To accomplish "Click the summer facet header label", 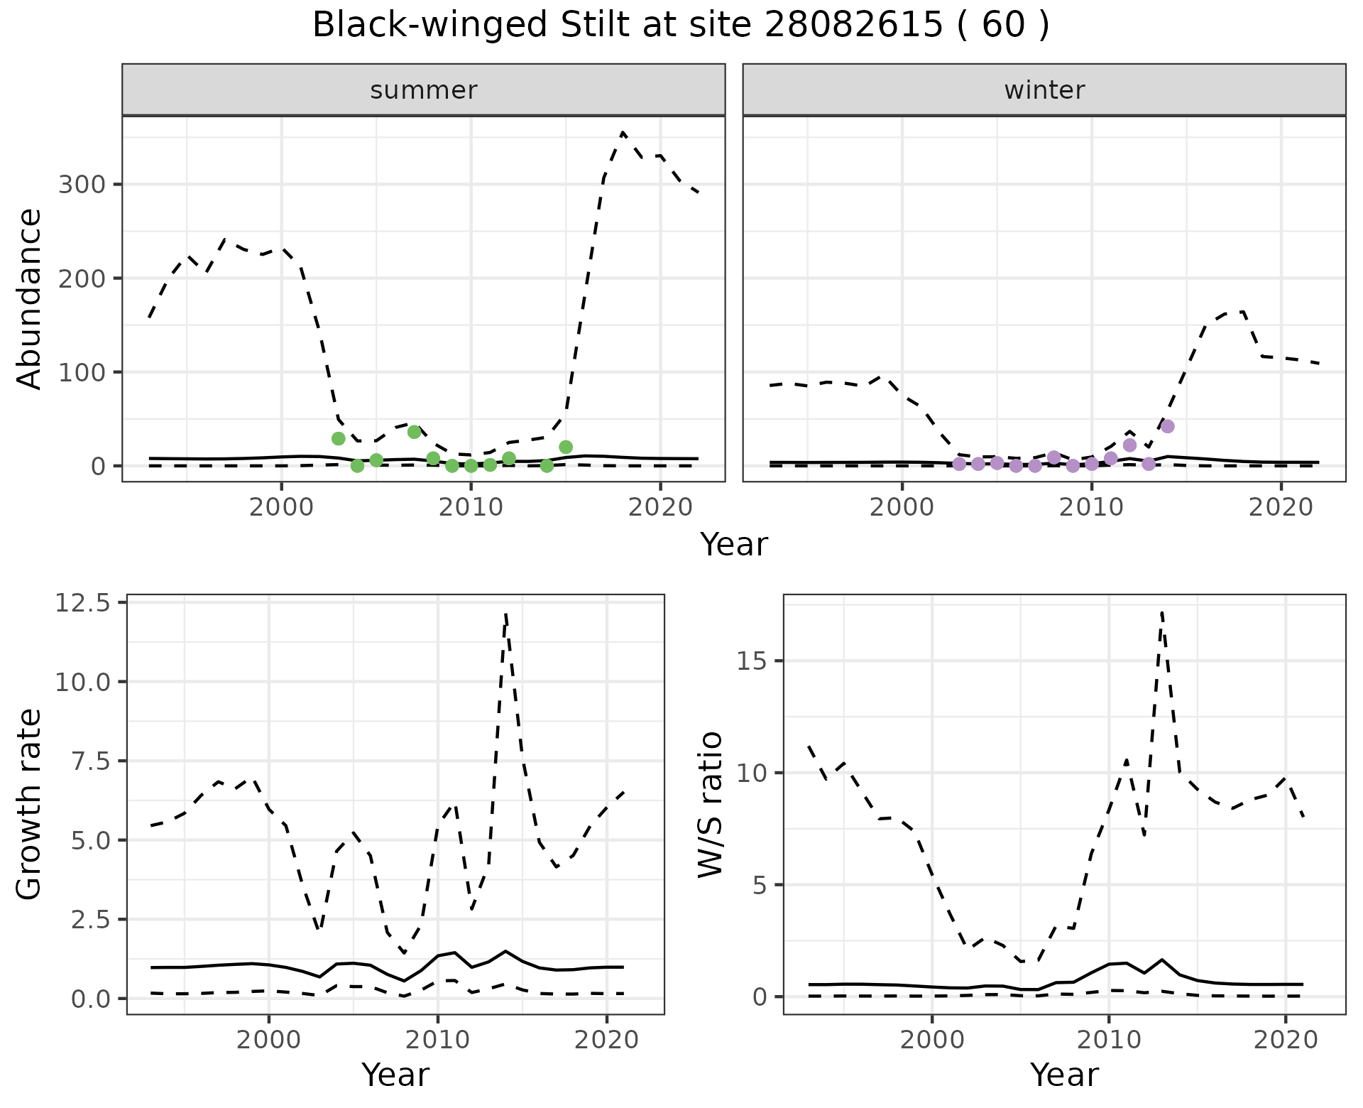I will click(x=424, y=90).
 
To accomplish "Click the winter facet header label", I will click(x=1044, y=90).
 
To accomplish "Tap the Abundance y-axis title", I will click(x=30, y=299).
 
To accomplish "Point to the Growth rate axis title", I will click(x=30, y=805).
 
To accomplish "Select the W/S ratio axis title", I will click(x=710, y=805).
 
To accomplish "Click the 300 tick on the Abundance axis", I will click(x=81, y=185).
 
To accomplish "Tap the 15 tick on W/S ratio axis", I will click(x=752, y=661).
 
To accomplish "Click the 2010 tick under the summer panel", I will click(x=470, y=508).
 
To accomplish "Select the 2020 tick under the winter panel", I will click(x=1281, y=508).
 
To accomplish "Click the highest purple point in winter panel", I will click(x=1168, y=426).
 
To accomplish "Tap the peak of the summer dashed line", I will click(x=623, y=132).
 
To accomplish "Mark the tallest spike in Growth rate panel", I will click(x=505, y=613).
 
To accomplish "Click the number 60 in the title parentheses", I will click(x=1003, y=26).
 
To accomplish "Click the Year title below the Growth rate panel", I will click(x=395, y=1075).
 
